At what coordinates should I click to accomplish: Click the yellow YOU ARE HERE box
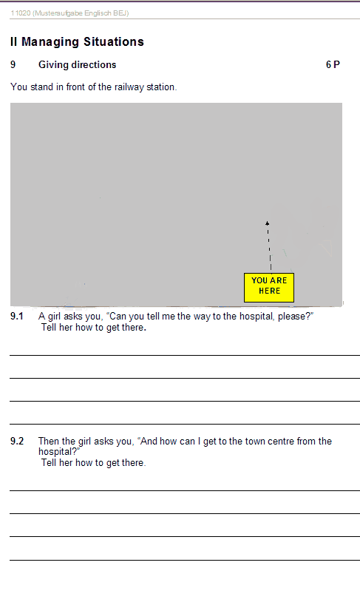269,288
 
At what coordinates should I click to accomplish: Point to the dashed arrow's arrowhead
268,223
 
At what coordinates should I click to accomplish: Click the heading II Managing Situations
77,41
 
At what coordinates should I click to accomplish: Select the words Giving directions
77,65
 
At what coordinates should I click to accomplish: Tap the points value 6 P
333,65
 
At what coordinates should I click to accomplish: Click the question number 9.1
17,317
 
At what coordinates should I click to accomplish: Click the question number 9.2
17,441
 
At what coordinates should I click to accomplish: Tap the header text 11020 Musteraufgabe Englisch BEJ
69,13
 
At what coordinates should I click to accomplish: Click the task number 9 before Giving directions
13,65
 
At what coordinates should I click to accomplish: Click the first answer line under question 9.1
185,355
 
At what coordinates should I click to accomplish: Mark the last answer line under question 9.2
185,560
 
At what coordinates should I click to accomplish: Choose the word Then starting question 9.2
49,441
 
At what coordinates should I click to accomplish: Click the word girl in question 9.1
55,317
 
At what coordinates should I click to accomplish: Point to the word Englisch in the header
98,13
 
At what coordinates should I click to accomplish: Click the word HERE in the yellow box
269,291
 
